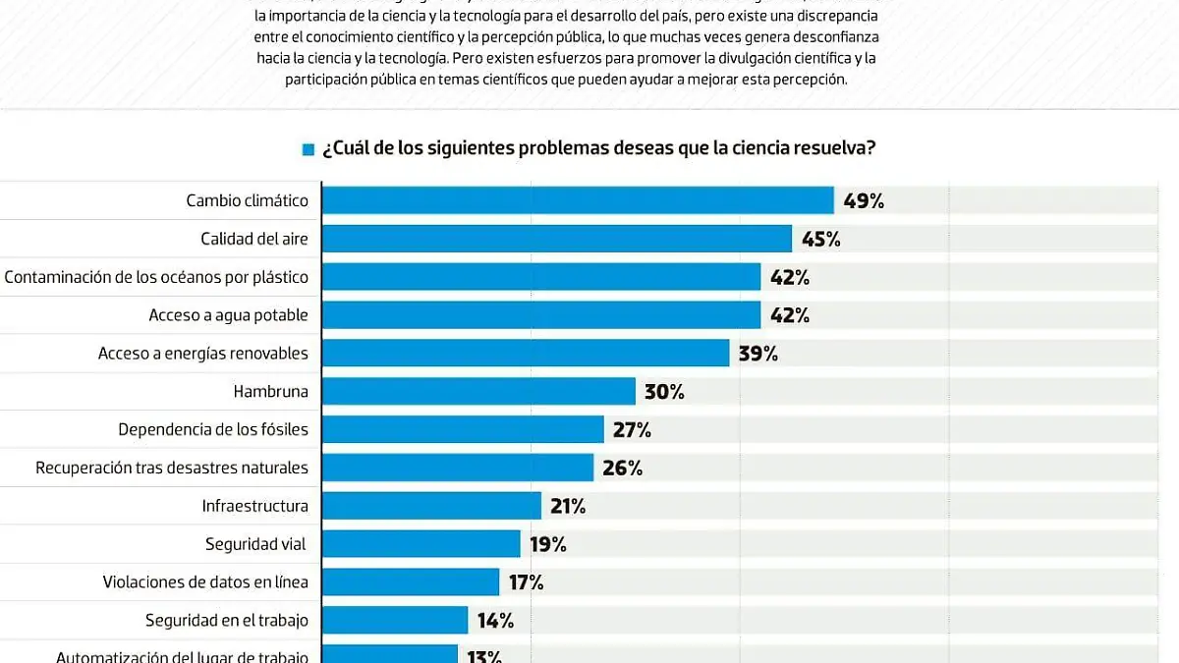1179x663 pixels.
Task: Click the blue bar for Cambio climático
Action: coord(578,200)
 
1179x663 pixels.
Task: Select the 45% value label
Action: coord(820,239)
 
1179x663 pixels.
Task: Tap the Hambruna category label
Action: coord(270,392)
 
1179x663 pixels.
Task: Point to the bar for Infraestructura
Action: coord(431,506)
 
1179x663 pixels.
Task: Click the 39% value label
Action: coord(758,354)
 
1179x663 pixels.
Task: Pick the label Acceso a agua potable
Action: coord(228,315)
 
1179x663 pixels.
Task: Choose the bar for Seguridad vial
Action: coord(421,544)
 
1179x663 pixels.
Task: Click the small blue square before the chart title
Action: coord(309,149)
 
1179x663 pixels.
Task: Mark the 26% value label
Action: coord(622,469)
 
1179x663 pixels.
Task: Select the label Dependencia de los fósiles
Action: coord(212,430)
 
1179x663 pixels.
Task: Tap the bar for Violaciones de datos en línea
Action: coord(411,582)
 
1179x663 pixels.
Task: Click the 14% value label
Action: coord(496,621)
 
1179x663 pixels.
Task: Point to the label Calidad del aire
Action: coord(253,239)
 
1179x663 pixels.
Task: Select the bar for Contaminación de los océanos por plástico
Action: coord(541,277)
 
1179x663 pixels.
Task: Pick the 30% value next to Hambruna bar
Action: coord(664,392)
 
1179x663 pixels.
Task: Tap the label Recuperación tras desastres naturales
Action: coord(172,469)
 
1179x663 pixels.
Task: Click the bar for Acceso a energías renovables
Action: coord(526,354)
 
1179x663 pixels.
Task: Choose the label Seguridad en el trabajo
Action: coord(226,621)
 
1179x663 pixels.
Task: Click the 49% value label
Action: coord(864,201)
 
